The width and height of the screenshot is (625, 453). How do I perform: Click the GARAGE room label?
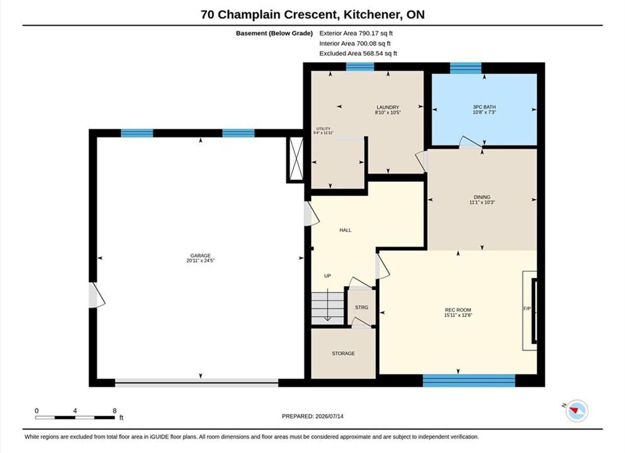[x=200, y=256]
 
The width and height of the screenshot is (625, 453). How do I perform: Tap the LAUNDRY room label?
[x=388, y=107]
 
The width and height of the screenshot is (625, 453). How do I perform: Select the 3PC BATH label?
[x=484, y=107]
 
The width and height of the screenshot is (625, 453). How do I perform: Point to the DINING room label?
[x=482, y=197]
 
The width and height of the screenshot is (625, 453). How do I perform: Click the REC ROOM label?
[x=458, y=310]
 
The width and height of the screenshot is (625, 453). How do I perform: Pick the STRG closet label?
[x=361, y=307]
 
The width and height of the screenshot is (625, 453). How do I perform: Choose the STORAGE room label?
[x=343, y=354]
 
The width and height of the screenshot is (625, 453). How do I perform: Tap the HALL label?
[x=345, y=230]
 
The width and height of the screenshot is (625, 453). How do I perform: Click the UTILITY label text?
[x=324, y=129]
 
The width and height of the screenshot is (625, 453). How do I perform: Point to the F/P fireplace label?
[x=527, y=308]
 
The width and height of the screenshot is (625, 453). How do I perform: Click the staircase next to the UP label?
[x=327, y=308]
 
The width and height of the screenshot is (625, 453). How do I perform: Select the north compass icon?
[x=577, y=411]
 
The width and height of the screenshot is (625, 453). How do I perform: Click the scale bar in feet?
[x=75, y=417]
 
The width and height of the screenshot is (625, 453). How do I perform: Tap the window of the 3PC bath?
[x=466, y=68]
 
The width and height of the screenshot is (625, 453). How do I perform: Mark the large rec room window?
[x=469, y=381]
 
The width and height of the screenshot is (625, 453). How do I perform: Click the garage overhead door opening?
[x=196, y=383]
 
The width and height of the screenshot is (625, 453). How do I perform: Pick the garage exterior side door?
[x=96, y=295]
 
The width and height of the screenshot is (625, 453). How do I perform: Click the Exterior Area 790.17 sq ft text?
[x=356, y=33]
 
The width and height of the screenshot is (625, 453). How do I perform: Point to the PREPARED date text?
[x=312, y=416]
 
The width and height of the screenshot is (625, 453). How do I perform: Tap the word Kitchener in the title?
[x=371, y=14]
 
